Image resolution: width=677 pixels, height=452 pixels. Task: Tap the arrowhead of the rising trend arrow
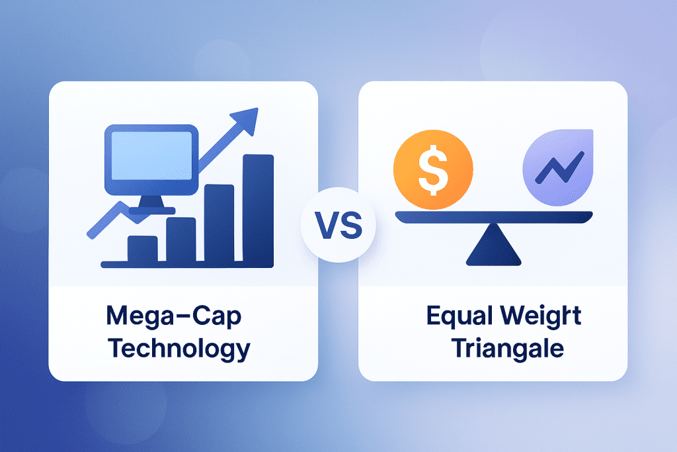coord(245,119)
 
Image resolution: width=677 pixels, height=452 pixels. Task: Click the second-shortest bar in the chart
coord(180,240)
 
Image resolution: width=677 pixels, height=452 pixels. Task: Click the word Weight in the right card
coord(545,316)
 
